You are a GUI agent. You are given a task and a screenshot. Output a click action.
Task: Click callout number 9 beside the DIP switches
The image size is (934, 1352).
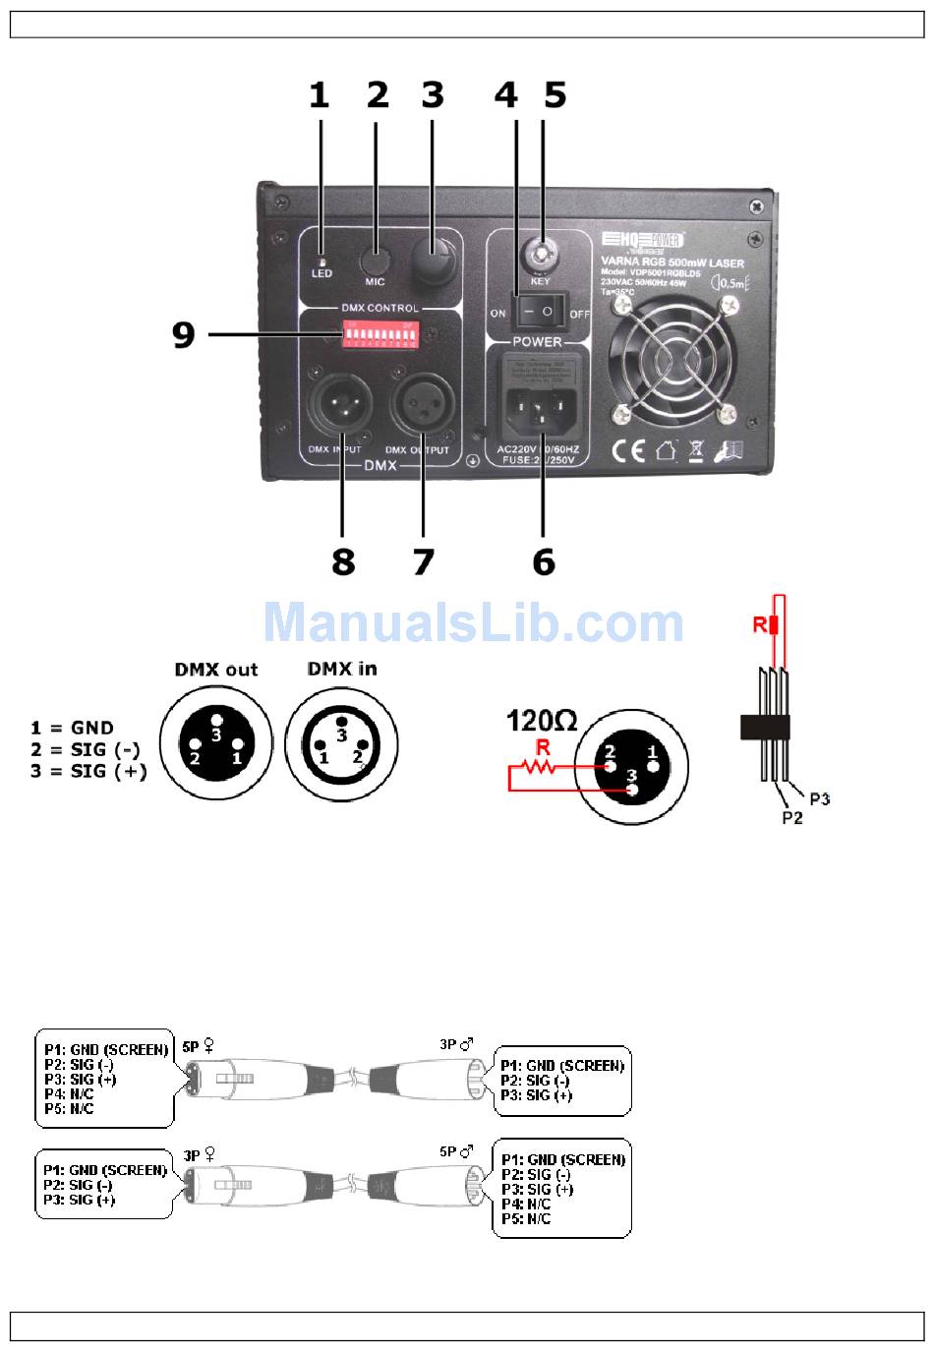point(183,334)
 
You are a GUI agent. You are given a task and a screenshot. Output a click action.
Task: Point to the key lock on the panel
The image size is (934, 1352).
point(540,254)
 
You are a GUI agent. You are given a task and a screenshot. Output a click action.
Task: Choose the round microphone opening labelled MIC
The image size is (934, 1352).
point(374,260)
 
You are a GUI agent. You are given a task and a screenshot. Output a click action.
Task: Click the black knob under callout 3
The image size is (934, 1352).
point(432,260)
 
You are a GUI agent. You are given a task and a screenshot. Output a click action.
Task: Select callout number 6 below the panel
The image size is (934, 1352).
point(544,562)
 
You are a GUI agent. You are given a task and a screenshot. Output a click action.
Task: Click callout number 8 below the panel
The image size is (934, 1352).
point(343,562)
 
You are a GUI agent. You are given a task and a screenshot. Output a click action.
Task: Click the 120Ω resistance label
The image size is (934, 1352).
point(541,721)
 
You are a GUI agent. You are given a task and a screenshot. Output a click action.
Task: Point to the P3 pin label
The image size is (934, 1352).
point(820,798)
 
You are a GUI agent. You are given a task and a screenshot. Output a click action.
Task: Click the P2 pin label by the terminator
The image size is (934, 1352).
point(792,817)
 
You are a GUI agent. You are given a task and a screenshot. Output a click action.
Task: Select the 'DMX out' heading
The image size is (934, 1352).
point(216,670)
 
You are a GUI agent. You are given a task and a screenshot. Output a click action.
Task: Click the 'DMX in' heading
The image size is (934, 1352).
point(342,669)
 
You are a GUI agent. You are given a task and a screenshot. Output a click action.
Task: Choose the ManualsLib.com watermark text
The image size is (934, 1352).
point(473,621)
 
